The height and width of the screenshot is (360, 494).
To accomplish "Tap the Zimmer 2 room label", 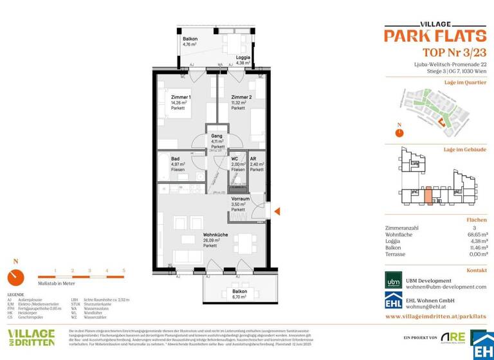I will coord(241,96).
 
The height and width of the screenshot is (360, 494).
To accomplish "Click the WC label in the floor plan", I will coord(235,158).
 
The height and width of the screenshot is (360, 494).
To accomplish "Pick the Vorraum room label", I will coord(240,199).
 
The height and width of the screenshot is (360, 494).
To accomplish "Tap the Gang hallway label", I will coord(217,136).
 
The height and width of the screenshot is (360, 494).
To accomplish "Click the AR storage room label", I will coord(253,158).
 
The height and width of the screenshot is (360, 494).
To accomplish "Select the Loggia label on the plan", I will coord(243,57).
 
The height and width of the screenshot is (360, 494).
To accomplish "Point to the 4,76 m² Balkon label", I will coord(190,39).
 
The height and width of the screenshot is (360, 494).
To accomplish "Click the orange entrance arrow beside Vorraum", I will coord(275,210).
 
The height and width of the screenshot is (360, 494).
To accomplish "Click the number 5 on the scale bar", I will coord(123,271).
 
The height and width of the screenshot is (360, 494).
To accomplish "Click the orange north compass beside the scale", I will coord(15,276).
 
